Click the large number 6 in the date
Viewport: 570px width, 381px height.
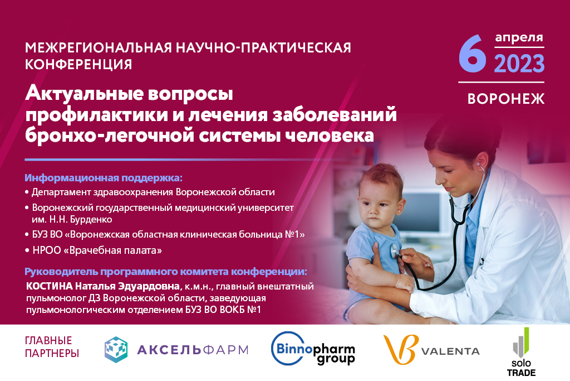(473, 54)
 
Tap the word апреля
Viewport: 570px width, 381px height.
(519, 37)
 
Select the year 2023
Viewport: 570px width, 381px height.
(519, 64)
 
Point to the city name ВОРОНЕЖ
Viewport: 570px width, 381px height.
(506, 99)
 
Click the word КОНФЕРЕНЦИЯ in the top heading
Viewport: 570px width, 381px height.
(78, 64)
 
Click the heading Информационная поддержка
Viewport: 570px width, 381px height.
(103, 178)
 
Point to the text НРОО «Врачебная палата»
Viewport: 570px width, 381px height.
(97, 250)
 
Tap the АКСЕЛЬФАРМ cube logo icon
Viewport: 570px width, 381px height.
(116, 350)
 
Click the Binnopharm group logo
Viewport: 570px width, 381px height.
(313, 349)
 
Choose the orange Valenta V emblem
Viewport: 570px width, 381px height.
(401, 349)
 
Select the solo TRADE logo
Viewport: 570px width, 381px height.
(521, 352)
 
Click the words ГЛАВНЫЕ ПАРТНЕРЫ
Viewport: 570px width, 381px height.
(52, 347)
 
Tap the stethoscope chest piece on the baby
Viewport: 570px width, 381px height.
(394, 251)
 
